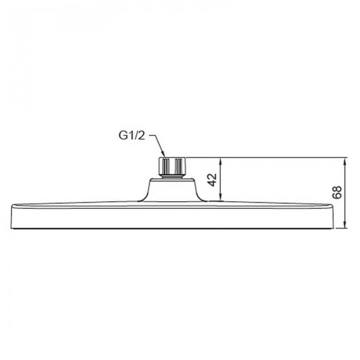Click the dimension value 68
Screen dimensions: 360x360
[x=337, y=192]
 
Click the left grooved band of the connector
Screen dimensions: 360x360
[x=165, y=166]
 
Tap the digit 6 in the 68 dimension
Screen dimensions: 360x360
[x=337, y=196]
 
